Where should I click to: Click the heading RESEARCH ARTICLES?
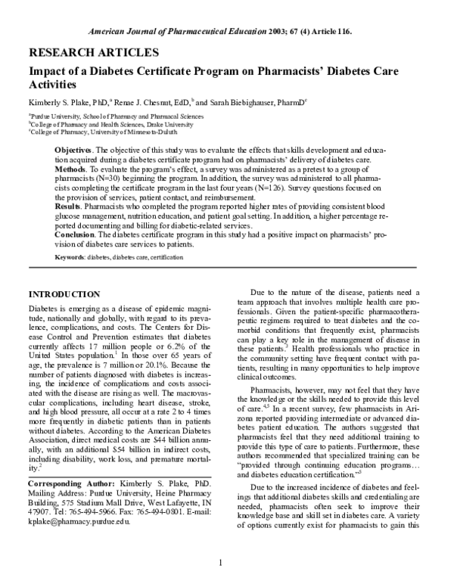click(x=93, y=53)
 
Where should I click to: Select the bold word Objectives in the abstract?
click(x=74, y=151)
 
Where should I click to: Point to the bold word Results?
click(x=70, y=206)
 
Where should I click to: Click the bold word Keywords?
click(x=70, y=258)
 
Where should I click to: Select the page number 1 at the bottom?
click(x=220, y=562)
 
